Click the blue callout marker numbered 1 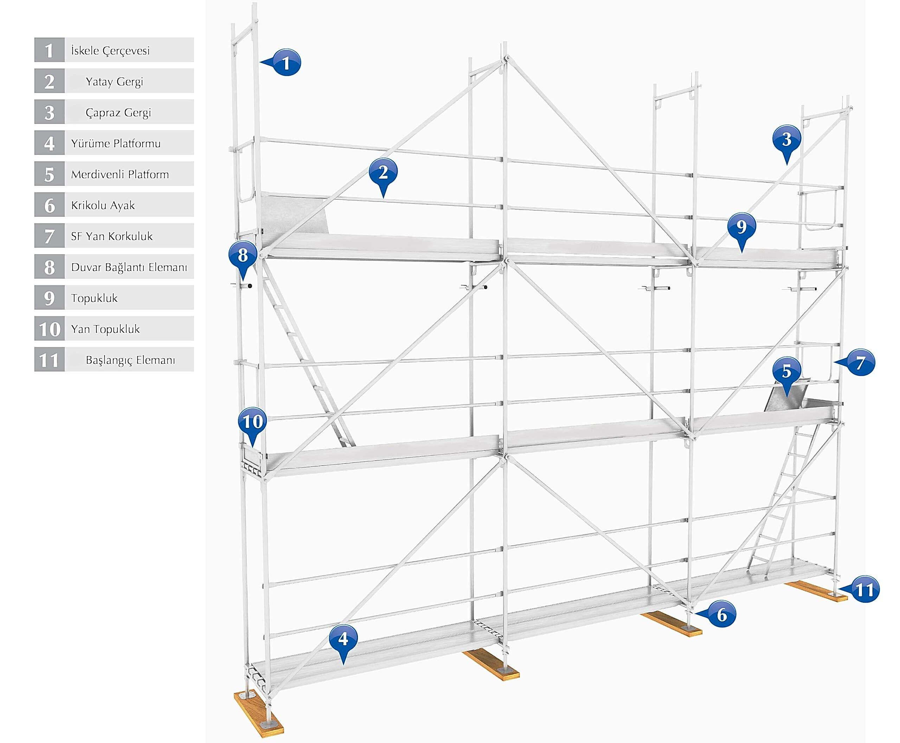pyautogui.click(x=286, y=63)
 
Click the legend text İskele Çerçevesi pyautogui.click(x=110, y=51)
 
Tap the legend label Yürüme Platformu pyautogui.click(x=116, y=143)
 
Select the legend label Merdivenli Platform pyautogui.click(x=120, y=174)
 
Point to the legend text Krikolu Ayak pyautogui.click(x=103, y=205)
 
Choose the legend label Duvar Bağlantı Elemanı pyautogui.click(x=129, y=267)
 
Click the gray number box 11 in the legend pyautogui.click(x=50, y=359)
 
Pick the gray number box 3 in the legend pyautogui.click(x=50, y=112)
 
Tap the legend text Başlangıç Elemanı pyautogui.click(x=130, y=360)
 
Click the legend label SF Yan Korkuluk pyautogui.click(x=112, y=236)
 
